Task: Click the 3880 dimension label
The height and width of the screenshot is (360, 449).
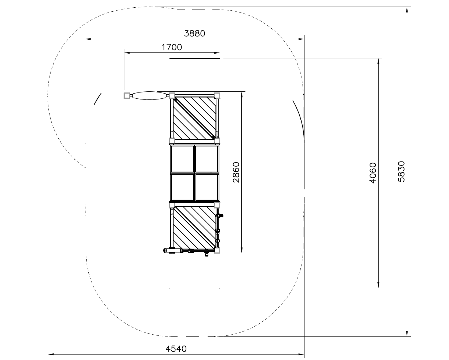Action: coord(194,34)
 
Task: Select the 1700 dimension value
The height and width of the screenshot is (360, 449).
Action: coord(172,48)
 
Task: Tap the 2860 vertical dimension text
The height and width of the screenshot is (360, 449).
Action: coord(236,172)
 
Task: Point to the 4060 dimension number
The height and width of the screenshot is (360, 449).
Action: coord(373,173)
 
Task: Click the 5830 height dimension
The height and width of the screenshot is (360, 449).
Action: coord(401,171)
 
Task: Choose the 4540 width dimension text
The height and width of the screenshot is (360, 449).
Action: coord(176,349)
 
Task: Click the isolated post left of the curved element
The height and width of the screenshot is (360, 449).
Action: coord(127,95)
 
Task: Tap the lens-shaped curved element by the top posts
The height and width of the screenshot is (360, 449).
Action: coord(149,95)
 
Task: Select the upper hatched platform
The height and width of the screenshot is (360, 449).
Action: coord(194,118)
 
